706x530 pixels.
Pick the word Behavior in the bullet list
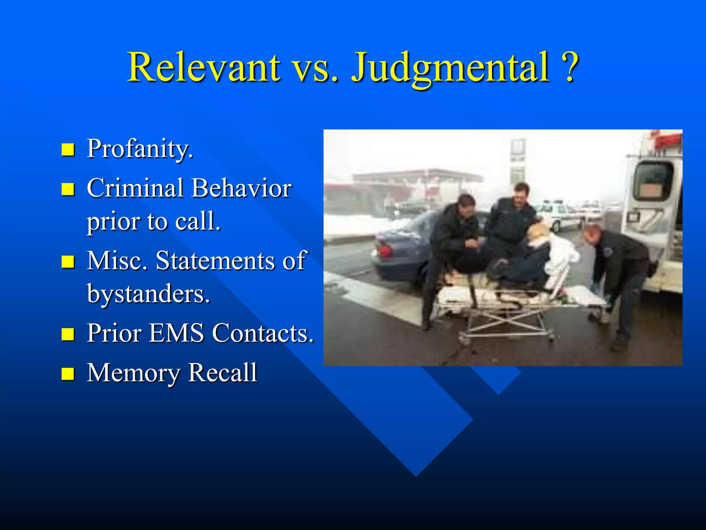click(x=241, y=188)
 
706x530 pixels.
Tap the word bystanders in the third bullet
click(x=148, y=294)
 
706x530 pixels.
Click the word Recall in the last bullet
click(x=223, y=373)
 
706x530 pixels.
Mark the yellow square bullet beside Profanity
click(x=68, y=150)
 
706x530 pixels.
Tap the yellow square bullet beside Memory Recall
click(x=68, y=374)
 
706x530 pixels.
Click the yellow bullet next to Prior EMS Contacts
click(x=68, y=334)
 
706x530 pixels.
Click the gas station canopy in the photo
click(x=417, y=177)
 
